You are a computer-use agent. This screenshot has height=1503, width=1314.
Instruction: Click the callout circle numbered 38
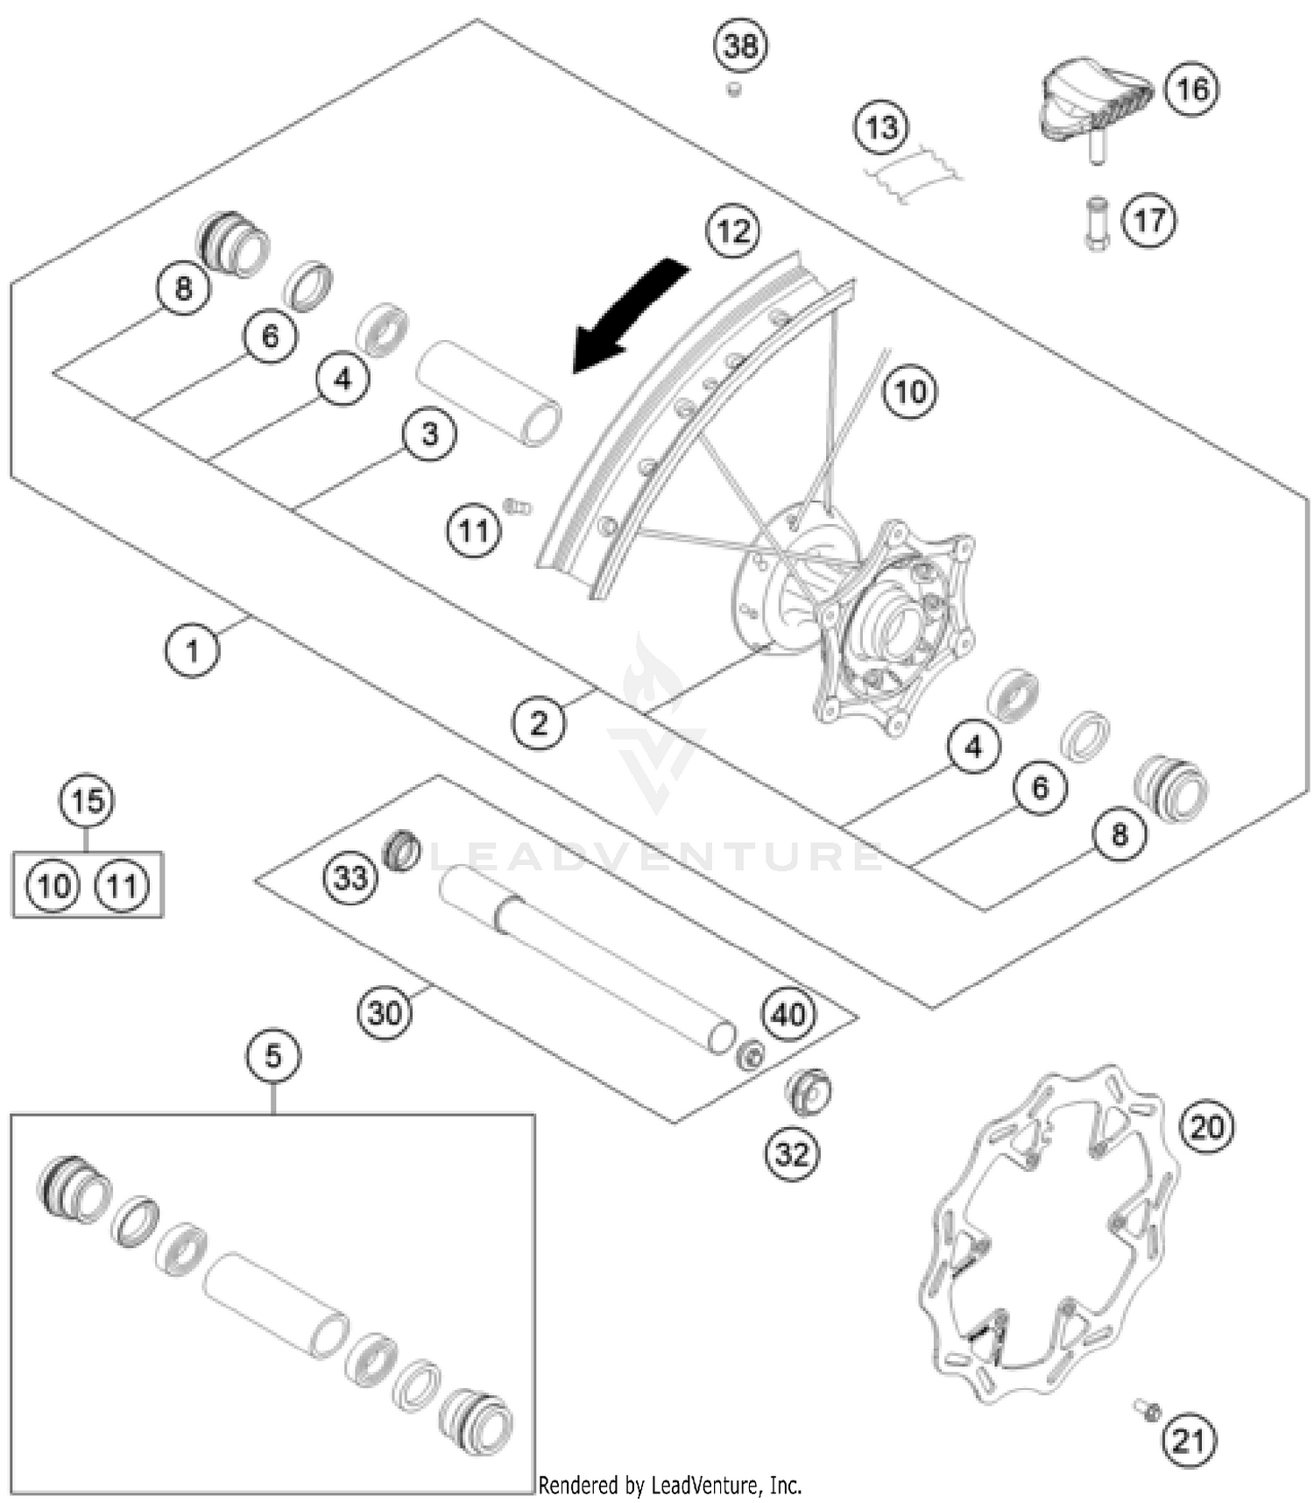(741, 46)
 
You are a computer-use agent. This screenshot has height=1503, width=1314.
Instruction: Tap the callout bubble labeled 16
(1192, 89)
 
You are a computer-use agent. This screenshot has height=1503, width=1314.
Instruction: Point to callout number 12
(733, 231)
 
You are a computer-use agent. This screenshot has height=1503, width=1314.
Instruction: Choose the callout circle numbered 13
(881, 127)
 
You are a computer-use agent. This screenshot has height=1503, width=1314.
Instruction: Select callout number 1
(192, 650)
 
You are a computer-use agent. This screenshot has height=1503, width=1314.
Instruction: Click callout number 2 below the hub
(538, 723)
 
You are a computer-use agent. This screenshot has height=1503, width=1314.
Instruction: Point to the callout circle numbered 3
(429, 434)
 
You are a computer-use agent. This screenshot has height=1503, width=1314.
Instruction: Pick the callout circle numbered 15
(87, 800)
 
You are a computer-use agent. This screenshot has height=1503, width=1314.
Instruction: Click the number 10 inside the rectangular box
(53, 885)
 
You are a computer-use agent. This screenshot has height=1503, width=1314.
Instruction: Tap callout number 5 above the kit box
(272, 1056)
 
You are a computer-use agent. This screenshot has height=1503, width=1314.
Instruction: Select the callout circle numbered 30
(385, 1013)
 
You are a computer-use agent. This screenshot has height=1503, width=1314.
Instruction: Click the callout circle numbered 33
(350, 877)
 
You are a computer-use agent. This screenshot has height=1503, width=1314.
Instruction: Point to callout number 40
(788, 1014)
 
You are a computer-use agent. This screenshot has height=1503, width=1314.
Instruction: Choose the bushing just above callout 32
(808, 1091)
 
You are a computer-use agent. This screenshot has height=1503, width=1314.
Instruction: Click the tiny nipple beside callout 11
(517, 507)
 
